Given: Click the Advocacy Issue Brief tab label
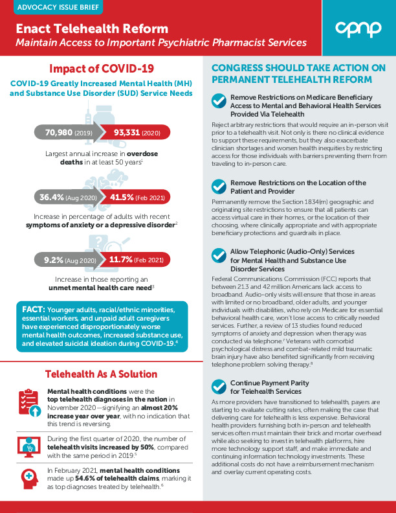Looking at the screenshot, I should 51,8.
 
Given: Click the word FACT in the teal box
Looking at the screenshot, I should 34,310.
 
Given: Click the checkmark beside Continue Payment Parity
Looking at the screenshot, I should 219,387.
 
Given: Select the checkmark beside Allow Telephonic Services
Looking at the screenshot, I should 219,255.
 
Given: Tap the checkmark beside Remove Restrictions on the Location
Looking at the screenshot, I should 219,187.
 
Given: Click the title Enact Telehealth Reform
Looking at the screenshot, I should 92,29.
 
